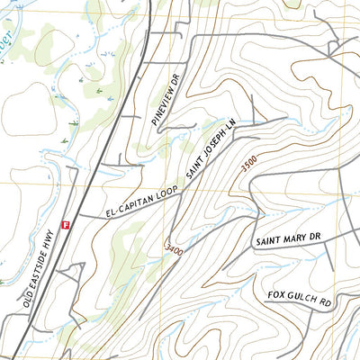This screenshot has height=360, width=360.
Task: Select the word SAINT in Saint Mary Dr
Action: point(270,242)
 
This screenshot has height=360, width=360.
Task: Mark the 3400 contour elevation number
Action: point(175,247)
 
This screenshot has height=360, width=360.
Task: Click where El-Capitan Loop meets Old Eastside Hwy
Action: point(78,219)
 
